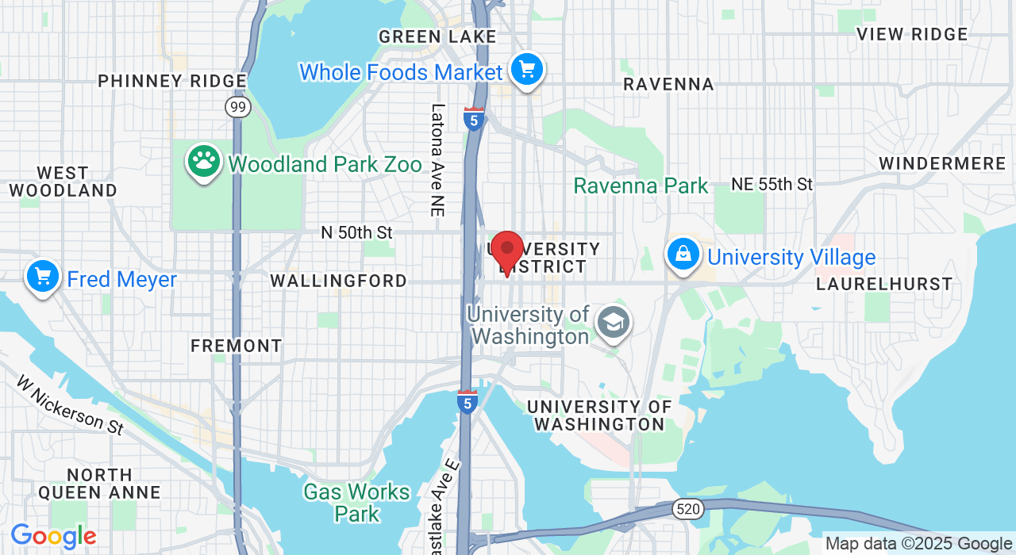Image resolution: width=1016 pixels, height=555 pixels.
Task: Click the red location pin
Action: [x=506, y=250]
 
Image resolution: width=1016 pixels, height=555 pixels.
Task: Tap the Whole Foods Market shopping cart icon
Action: [x=526, y=70]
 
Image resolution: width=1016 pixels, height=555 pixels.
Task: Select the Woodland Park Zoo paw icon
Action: [x=204, y=161]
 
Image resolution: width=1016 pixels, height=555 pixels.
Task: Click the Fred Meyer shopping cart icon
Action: [x=43, y=277]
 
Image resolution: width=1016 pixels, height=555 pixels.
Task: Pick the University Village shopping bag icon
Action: [x=683, y=254]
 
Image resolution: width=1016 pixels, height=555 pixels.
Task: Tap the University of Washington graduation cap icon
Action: [x=614, y=322]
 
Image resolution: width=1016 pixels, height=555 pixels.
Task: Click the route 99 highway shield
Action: [x=237, y=106]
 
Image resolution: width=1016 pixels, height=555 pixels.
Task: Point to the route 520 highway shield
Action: [x=688, y=509]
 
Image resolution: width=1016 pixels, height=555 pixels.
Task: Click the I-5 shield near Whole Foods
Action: [x=474, y=119]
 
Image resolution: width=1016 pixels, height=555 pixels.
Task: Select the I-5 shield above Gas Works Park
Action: [x=468, y=402]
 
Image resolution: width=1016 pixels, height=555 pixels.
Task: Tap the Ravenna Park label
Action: [x=641, y=186]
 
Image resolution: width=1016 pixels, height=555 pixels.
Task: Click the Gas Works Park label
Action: [x=357, y=503]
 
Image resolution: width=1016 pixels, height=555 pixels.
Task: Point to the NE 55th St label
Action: [x=772, y=184]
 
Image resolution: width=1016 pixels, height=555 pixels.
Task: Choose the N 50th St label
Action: [x=357, y=232]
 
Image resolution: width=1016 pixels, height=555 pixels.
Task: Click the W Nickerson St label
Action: [x=70, y=404]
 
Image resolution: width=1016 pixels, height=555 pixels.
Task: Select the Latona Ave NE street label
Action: [x=437, y=160]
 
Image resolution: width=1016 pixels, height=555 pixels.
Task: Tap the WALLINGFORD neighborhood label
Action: [x=338, y=281]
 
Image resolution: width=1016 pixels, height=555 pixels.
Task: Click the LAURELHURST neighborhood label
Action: [x=883, y=284]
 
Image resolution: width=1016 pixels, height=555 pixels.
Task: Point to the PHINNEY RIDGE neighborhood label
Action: [x=172, y=81]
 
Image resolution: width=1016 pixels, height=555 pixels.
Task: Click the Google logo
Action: [x=53, y=537]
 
